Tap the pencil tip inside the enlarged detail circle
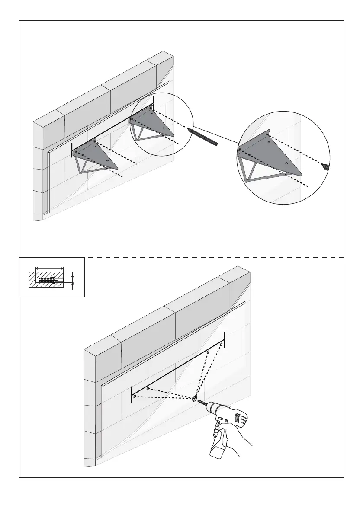point(326,166)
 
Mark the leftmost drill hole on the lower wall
point(135,396)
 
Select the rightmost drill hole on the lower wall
point(221,345)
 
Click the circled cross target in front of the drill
point(194,398)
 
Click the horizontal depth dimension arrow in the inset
point(49,268)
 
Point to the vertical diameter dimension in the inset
point(73,280)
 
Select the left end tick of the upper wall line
point(72,149)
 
